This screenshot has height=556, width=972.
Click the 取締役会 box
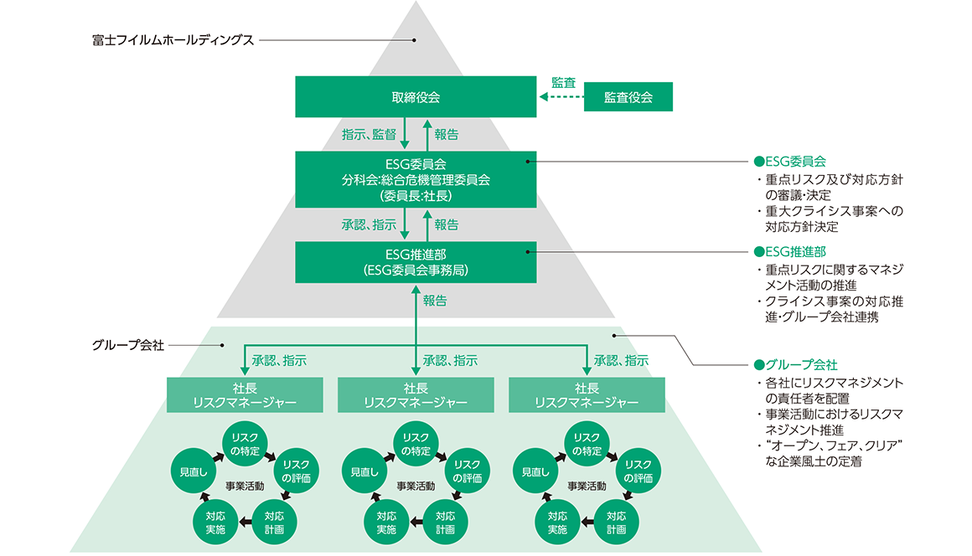coord(416,97)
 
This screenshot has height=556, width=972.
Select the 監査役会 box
coord(628,97)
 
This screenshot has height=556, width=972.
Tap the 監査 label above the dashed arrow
coord(563,82)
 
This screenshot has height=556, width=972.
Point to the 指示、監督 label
coord(369,134)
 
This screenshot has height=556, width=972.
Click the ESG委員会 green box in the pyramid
coord(416,178)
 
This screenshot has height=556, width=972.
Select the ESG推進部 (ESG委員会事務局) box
coord(416,262)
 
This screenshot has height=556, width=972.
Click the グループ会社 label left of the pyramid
coord(128,344)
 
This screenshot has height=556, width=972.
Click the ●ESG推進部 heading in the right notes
coord(790,251)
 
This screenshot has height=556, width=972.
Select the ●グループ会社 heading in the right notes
coord(795,365)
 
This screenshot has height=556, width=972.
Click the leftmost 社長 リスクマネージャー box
coord(245,394)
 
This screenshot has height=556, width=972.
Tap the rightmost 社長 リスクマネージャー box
coord(587,394)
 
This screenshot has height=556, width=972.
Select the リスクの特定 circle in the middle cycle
coord(416,444)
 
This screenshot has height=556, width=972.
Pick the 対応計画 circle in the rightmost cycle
coord(616,522)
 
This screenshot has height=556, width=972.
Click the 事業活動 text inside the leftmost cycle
coord(245,486)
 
